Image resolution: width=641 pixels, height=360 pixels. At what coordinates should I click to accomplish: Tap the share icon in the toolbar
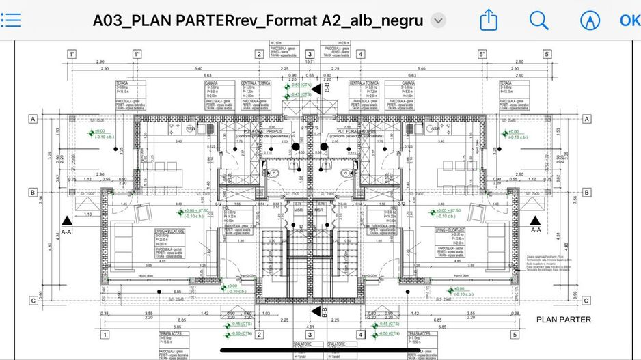(x=488, y=20)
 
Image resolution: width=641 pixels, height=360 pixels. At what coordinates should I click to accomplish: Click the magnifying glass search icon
(x=538, y=20)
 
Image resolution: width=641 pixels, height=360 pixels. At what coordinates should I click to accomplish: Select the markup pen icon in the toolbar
(x=588, y=20)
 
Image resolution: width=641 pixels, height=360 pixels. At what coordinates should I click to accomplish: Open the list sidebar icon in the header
(x=11, y=20)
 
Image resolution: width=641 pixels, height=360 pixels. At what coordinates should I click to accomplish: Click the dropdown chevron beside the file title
(x=439, y=20)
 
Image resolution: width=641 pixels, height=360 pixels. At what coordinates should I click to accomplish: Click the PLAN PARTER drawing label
(x=564, y=319)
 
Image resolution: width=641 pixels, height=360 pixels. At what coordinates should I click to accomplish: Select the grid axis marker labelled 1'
(x=71, y=54)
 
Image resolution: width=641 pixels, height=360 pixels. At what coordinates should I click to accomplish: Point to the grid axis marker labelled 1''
(x=137, y=54)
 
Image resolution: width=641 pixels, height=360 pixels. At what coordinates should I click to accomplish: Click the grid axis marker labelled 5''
(x=482, y=54)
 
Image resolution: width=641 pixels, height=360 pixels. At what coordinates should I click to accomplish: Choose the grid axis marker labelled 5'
(x=547, y=54)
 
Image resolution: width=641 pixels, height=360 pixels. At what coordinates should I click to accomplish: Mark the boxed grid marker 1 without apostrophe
(x=105, y=334)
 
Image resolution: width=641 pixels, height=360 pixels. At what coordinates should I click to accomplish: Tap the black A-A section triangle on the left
(x=66, y=220)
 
